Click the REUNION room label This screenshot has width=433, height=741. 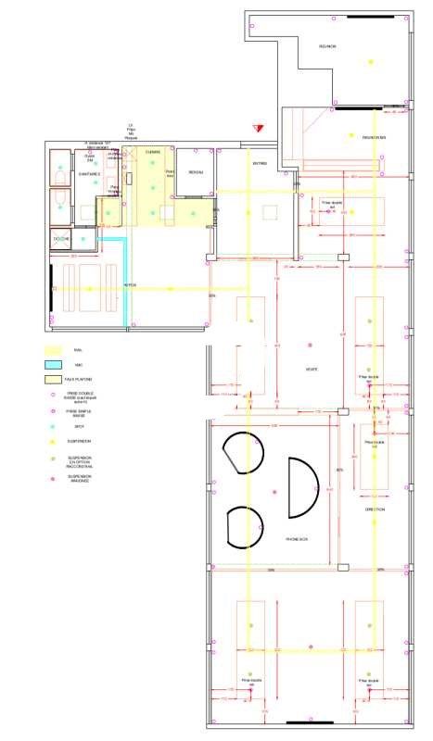tap(327, 45)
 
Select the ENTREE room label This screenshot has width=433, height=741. tap(261, 164)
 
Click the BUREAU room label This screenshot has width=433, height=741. tap(195, 172)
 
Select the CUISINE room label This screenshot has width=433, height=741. tap(153, 152)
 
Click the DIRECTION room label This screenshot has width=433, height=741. tap(375, 509)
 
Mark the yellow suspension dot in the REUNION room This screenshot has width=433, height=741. tap(370, 62)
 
